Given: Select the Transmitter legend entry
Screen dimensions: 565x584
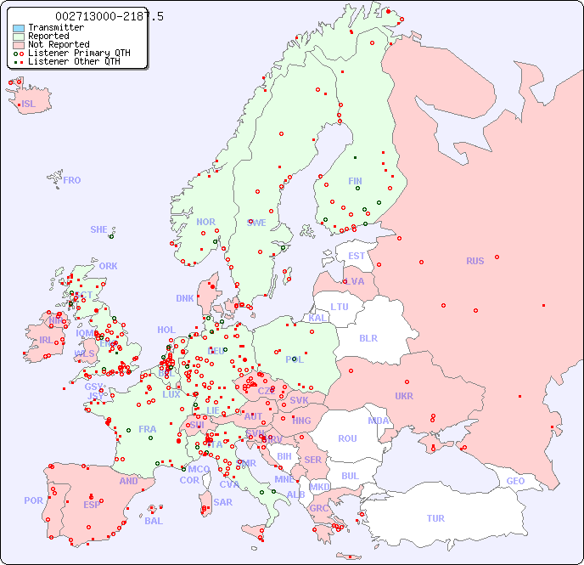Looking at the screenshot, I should [55, 27].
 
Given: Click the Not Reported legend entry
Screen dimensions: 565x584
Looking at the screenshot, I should [58, 44].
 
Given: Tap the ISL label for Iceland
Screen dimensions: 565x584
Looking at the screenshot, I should [29, 105].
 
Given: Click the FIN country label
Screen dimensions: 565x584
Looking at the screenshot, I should [355, 181].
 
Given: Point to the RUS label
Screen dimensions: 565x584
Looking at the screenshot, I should [474, 261].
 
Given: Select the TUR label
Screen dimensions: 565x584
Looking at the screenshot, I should [435, 518].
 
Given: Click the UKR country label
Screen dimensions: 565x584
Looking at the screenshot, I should [404, 396].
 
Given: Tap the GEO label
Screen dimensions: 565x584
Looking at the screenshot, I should [515, 481].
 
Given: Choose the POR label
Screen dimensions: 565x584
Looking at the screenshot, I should [33, 500].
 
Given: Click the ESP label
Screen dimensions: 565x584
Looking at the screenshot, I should [92, 505].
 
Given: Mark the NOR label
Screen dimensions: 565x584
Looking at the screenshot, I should [205, 222].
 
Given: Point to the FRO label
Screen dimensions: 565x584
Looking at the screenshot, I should [72, 180].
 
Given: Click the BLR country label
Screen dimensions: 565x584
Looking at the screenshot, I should [368, 337].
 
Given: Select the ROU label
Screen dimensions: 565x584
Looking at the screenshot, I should [347, 438].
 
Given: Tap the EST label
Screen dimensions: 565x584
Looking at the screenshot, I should [357, 256].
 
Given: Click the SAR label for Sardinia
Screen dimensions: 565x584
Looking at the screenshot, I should [222, 502].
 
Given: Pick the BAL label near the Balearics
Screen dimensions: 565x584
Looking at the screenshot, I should [154, 521].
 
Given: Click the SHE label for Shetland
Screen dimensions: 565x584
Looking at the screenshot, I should [99, 229].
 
